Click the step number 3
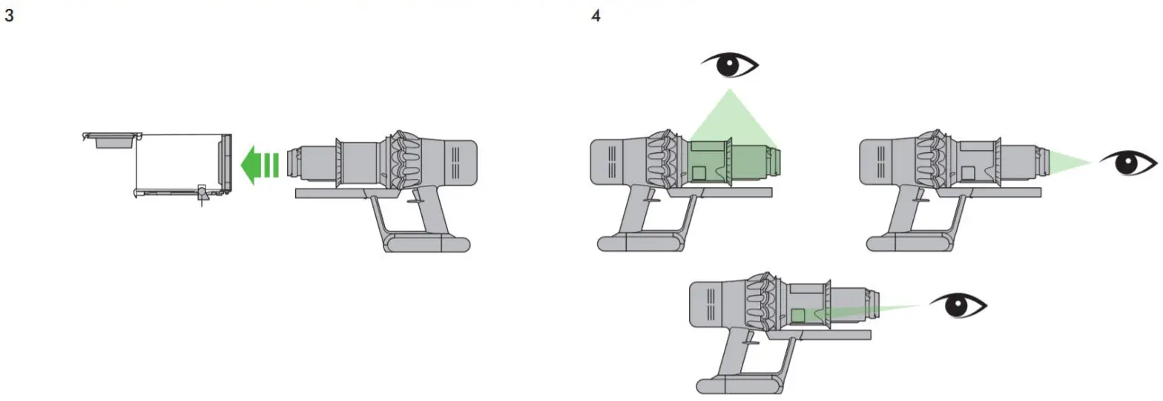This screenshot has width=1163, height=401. [x=9, y=16]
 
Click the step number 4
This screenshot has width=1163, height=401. [x=596, y=16]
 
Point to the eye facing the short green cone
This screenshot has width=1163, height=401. [x=1127, y=163]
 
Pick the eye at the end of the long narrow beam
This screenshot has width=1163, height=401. [x=958, y=305]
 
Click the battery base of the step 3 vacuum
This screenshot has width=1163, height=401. [x=426, y=244]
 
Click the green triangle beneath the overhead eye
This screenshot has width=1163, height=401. [x=731, y=119]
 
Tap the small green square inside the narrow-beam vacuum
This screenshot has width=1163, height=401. [x=798, y=316]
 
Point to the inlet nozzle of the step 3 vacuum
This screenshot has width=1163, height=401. [x=291, y=162]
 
